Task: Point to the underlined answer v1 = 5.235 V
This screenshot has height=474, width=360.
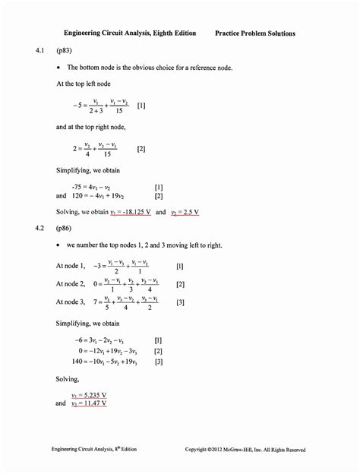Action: pyautogui.click(x=89, y=396)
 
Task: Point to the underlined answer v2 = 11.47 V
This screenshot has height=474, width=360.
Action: pyautogui.click(x=89, y=403)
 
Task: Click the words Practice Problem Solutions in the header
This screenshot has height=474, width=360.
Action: pyautogui.click(x=255, y=33)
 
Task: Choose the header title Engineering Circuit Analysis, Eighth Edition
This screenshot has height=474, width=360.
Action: pyautogui.click(x=130, y=33)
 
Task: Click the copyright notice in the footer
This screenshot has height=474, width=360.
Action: pyautogui.click(x=245, y=450)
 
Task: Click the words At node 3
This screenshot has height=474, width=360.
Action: pyautogui.click(x=72, y=302)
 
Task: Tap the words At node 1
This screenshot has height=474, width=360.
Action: pyautogui.click(x=72, y=267)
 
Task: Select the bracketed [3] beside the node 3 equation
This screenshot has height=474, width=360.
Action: pyautogui.click(x=180, y=302)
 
